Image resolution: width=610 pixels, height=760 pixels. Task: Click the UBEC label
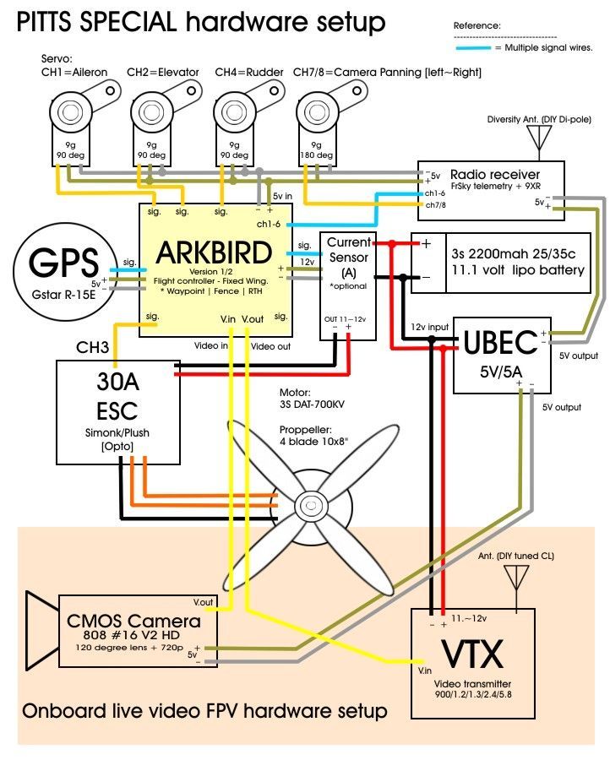tap(500, 343)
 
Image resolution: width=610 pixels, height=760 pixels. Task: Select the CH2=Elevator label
tap(162, 73)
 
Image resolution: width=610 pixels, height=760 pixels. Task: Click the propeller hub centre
tap(309, 507)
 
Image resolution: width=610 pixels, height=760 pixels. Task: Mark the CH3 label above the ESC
tap(93, 347)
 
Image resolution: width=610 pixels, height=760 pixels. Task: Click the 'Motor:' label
tap(295, 393)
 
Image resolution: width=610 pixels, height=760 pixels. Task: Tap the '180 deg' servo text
tap(316, 155)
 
